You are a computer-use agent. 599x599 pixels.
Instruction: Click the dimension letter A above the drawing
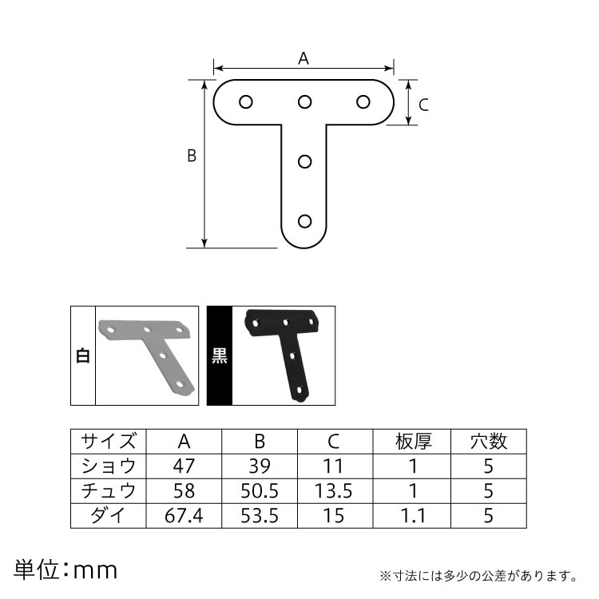pos(303,58)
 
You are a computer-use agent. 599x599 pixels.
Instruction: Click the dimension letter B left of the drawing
pos(192,157)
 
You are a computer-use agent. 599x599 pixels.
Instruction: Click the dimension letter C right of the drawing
pos(424,104)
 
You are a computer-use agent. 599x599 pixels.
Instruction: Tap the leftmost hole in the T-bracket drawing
pos(245,102)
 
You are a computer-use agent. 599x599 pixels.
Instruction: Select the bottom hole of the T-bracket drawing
pos(304,221)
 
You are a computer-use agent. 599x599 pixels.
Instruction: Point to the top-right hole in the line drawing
pos(363,102)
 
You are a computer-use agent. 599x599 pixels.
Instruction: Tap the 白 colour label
pos(82,356)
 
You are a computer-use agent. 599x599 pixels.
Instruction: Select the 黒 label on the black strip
pos(219,356)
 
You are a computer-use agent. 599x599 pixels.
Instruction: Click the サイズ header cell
pos(109,442)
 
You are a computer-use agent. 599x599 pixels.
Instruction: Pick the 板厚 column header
pos(413,442)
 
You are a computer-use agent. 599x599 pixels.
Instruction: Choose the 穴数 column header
pos(488,442)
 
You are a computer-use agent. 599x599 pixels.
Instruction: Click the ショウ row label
pos(109,466)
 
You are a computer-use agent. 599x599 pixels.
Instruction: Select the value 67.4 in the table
pos(184,516)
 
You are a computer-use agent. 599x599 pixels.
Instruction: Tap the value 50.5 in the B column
pos(260,491)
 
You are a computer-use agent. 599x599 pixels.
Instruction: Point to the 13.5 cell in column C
pos(335,491)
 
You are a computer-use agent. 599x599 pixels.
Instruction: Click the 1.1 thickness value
pos(413,516)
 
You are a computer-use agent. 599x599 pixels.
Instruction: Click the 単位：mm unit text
pos(65,570)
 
